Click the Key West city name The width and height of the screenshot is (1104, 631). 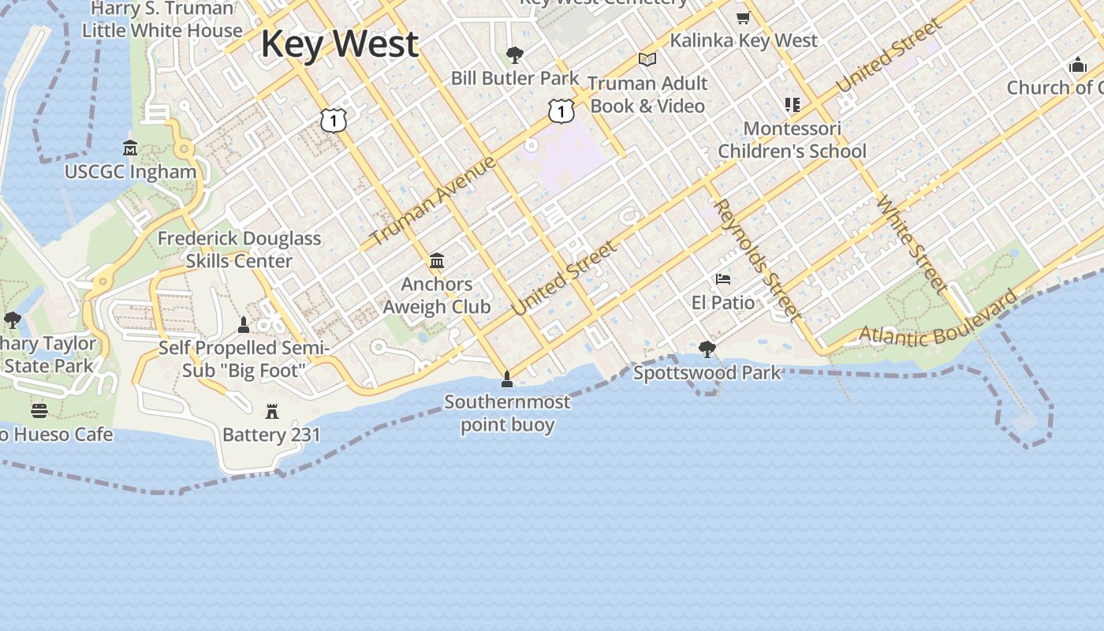339,44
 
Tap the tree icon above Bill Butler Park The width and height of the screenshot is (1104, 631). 515,55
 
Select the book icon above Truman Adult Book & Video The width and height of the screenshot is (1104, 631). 647,59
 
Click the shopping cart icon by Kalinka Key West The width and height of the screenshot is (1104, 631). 743,18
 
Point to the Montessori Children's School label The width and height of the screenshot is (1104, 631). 792,140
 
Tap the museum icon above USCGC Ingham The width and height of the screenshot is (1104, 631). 130,147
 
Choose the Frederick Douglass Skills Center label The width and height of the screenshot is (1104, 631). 239,249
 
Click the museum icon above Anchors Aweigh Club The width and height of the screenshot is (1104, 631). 437,260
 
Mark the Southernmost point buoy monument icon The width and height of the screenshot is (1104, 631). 507,379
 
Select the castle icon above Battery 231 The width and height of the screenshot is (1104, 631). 272,411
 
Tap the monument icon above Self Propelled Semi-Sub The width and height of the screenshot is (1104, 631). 244,324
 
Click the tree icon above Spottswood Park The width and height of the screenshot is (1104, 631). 707,349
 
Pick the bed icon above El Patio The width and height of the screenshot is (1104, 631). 722,279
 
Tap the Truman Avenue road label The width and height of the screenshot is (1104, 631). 433,200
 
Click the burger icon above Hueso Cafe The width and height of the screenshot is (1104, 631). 39,410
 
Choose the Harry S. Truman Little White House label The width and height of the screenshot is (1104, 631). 162,20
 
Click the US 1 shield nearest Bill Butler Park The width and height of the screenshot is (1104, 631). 561,111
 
